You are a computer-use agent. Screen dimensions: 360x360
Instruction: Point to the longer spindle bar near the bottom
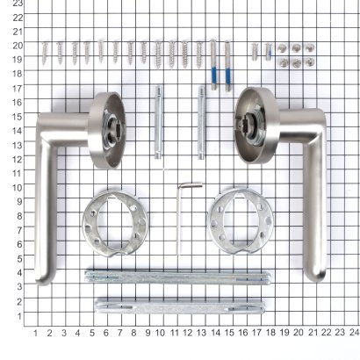tap(176, 277)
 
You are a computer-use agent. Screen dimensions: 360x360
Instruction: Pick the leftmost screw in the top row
tap(46, 53)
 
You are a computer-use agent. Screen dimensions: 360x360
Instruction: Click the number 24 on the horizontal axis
tap(353, 333)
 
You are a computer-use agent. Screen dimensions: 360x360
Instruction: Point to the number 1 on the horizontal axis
tap(35, 333)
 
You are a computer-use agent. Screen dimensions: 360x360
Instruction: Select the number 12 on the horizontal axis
tap(187, 333)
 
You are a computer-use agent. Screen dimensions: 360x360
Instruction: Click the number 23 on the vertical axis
tap(17, 4)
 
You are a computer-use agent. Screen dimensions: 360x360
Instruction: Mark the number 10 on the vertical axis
tap(17, 186)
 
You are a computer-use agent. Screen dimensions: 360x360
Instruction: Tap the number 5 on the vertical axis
tap(18, 257)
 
